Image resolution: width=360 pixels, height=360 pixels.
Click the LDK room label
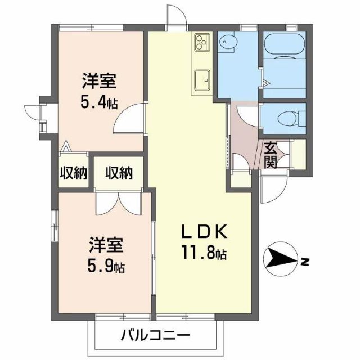(x=203, y=232)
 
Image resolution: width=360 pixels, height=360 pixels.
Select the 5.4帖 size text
(x=100, y=103)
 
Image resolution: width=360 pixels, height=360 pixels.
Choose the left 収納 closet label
(x=73, y=173)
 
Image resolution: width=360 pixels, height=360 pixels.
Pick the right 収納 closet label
(x=118, y=173)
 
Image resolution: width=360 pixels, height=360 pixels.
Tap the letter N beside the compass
(x=304, y=260)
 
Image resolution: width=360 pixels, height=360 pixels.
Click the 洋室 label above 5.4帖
(x=99, y=83)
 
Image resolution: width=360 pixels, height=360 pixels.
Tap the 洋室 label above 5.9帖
(x=106, y=245)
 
